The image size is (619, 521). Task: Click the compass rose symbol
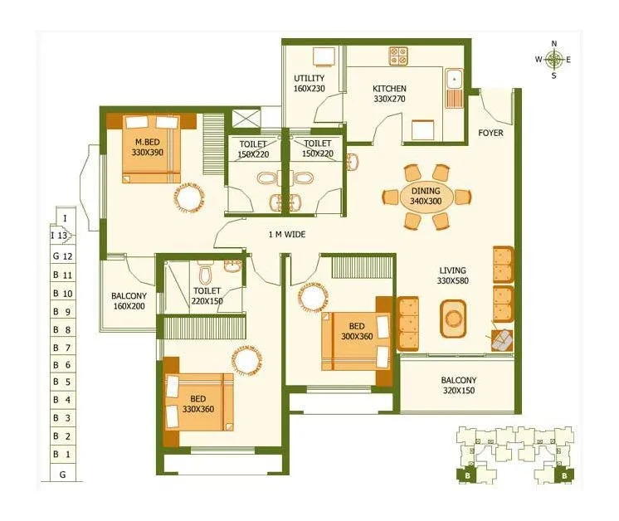(x=554, y=59)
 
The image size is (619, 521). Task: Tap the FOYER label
(x=490, y=133)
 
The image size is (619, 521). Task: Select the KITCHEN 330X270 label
(x=389, y=93)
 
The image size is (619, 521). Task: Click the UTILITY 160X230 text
(x=308, y=84)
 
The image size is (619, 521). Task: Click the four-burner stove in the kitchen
(x=398, y=56)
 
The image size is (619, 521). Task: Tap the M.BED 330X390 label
(x=150, y=147)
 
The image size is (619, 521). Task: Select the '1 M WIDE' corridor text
(x=286, y=235)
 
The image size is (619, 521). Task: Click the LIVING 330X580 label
(x=453, y=275)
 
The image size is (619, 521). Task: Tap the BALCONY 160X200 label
(x=129, y=301)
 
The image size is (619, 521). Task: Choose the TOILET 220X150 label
(x=207, y=296)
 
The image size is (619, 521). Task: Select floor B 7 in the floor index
(x=62, y=348)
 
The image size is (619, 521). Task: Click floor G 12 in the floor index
(x=62, y=256)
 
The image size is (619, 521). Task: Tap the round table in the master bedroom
(x=188, y=197)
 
